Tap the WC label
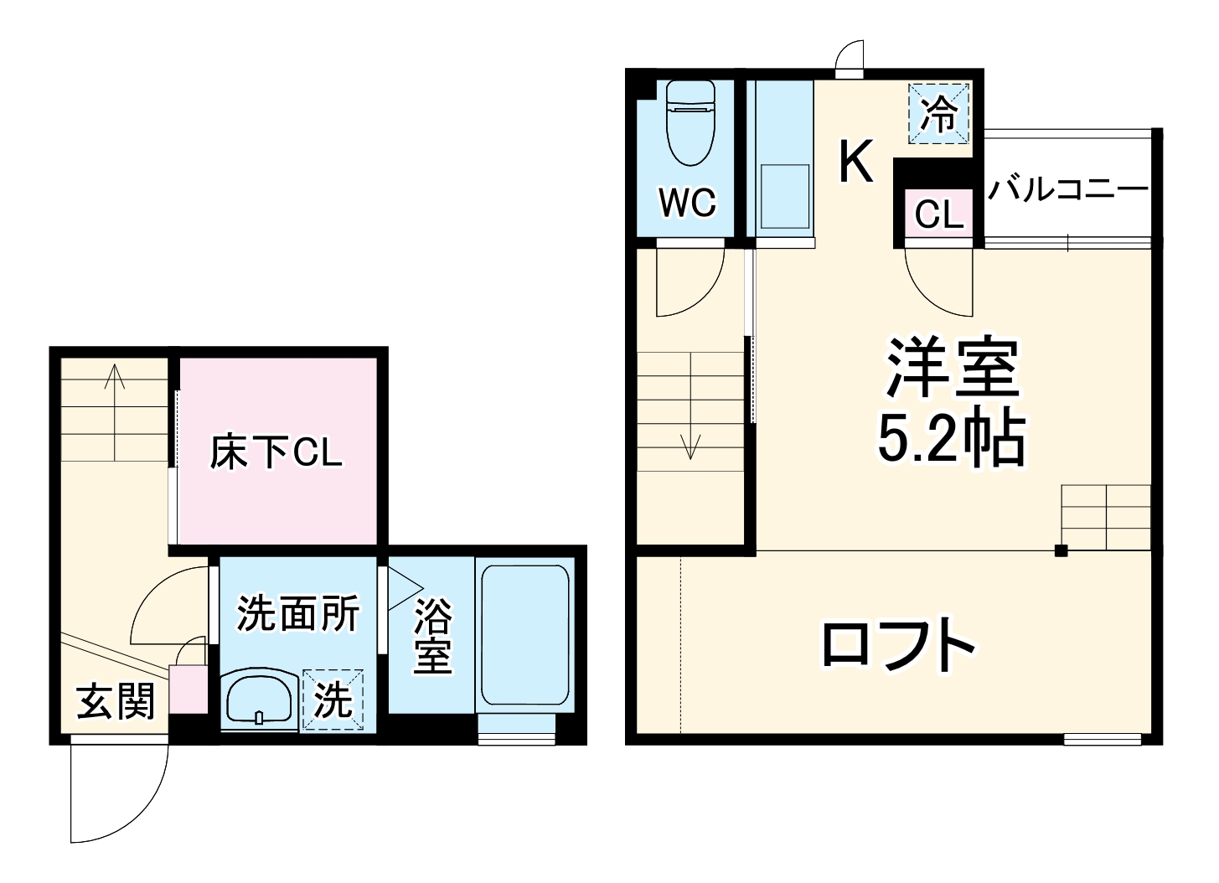(687, 203)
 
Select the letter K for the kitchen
(856, 161)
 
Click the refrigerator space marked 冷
(939, 113)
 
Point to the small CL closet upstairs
(939, 214)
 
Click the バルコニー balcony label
(1067, 190)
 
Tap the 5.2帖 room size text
(951, 438)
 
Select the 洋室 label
(953, 369)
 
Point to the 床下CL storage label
(276, 453)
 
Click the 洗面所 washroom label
(297, 613)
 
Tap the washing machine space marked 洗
(333, 700)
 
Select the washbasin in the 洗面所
(258, 698)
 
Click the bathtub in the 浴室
(524, 634)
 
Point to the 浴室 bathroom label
(432, 634)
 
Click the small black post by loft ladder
(1061, 550)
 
